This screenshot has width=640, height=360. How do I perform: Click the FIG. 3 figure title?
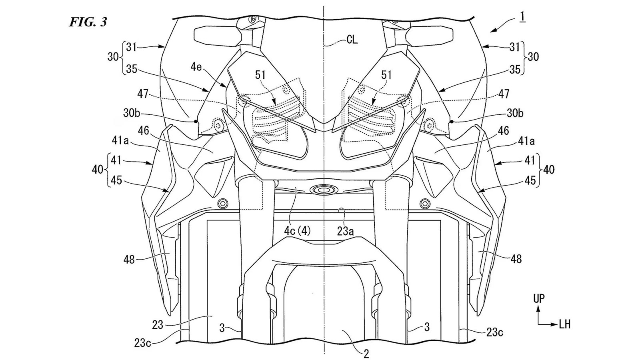88,22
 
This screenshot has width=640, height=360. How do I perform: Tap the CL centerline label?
352,40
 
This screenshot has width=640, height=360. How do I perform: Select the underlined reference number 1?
522,18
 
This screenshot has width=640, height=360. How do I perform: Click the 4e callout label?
196,67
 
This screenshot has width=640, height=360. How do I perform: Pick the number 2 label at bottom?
366,353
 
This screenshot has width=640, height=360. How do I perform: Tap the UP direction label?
539,299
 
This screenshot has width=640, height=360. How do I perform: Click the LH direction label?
564,324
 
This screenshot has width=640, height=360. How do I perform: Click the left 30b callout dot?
196,121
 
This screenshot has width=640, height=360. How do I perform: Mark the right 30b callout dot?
452,121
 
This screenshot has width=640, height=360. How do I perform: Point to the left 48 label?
129,259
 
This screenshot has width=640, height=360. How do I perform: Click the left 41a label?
120,141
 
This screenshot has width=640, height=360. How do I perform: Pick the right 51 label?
386,75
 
